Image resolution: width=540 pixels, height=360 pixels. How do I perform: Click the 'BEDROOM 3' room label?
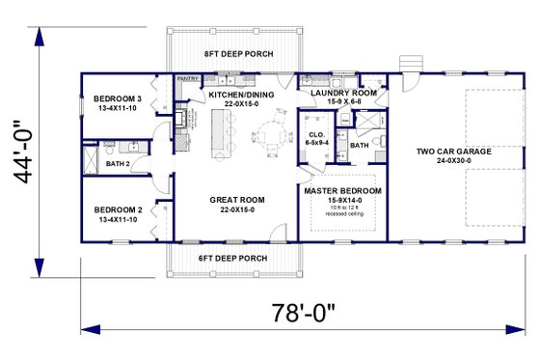[x=117, y=98]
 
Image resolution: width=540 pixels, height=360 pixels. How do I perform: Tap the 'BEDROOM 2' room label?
[x=117, y=209]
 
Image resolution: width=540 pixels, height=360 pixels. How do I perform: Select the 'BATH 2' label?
[x=118, y=164]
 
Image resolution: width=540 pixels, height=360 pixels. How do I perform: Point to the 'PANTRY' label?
[x=187, y=80]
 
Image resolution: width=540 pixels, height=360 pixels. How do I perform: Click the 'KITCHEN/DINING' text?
[x=242, y=94]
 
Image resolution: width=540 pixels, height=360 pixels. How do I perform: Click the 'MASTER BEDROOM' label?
[x=342, y=191]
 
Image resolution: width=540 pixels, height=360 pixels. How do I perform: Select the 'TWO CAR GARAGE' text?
[x=454, y=152]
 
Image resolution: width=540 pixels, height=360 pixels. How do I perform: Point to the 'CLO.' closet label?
[x=315, y=134]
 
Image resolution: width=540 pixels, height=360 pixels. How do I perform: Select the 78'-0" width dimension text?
[x=305, y=314]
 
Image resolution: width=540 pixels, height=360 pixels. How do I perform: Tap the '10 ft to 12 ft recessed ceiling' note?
[x=342, y=212]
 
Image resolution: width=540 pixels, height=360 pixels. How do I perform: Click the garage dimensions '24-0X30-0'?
[x=454, y=162]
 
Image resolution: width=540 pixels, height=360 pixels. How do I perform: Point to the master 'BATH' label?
[x=359, y=146]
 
